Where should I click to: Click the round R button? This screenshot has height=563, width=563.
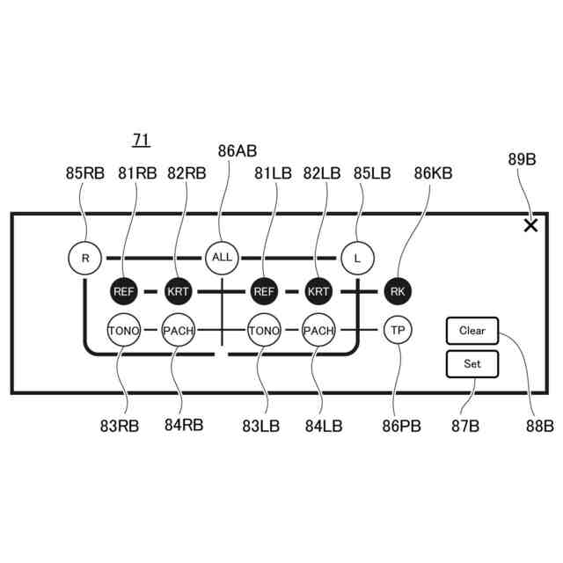click(84, 258)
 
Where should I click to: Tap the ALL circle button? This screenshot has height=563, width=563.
click(223, 258)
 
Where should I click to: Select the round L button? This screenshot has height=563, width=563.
click(357, 258)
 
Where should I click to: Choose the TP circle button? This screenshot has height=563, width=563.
click(398, 331)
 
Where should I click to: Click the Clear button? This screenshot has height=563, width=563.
click(472, 331)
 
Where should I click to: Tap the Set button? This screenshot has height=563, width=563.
click(472, 363)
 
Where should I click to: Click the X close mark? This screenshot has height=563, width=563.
click(530, 226)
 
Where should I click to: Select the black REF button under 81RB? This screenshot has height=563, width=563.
click(124, 291)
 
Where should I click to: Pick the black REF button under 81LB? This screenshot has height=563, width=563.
click(263, 291)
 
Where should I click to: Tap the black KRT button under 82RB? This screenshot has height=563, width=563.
click(178, 291)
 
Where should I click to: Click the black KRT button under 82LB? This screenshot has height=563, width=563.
click(318, 291)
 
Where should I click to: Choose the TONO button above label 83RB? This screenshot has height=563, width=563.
click(124, 331)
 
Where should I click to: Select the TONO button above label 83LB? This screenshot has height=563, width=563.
click(263, 331)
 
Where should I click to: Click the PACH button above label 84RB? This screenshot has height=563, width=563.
click(178, 331)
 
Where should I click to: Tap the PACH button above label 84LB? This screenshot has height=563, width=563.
click(318, 331)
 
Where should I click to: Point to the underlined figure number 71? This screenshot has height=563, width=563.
click(141, 140)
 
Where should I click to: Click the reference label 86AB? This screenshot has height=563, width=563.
click(238, 151)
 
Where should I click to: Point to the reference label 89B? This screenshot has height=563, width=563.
click(522, 159)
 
